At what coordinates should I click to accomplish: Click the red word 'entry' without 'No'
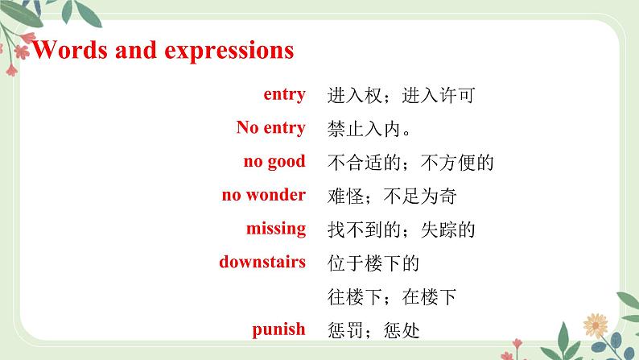284,95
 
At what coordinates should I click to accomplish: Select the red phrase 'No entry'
270,128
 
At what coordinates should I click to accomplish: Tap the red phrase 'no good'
274,162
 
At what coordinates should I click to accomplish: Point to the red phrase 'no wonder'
263,195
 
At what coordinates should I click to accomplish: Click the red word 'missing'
276,229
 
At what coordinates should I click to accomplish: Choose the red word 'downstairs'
262,262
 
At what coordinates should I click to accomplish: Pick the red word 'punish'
278,329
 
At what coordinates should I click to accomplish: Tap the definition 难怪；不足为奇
393,197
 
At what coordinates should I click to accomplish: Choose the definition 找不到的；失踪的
402,230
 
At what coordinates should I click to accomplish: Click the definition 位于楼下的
374,263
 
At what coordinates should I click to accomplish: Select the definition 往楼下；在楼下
393,297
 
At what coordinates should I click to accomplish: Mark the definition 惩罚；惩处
374,330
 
